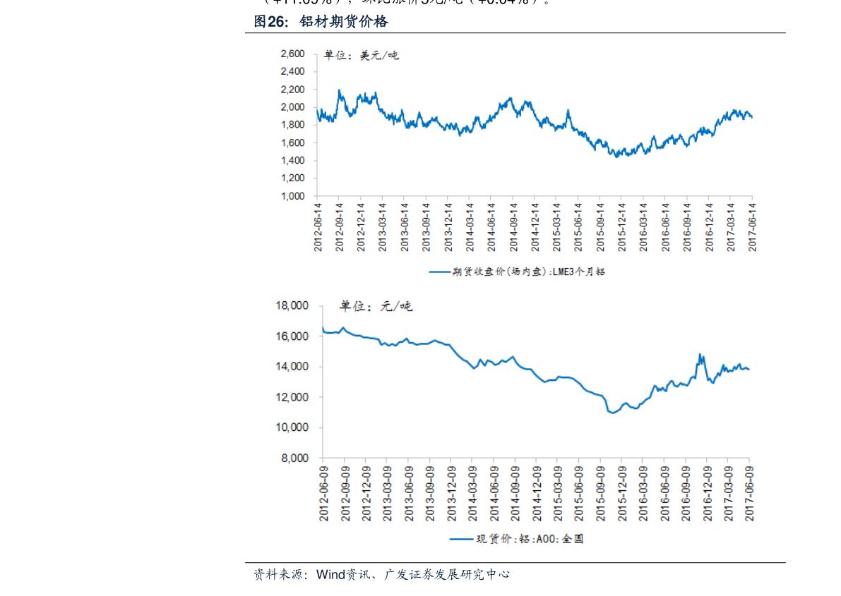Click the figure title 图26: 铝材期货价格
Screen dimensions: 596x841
point(321,23)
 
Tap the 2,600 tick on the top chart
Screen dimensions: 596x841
point(292,54)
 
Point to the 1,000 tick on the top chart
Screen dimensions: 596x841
point(292,196)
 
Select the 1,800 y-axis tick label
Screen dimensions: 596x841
point(292,125)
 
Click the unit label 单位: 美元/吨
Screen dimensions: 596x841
point(361,55)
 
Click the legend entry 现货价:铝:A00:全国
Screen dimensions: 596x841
point(518,539)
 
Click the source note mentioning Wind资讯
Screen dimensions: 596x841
point(381,575)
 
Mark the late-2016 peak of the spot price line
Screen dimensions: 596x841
point(700,354)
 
